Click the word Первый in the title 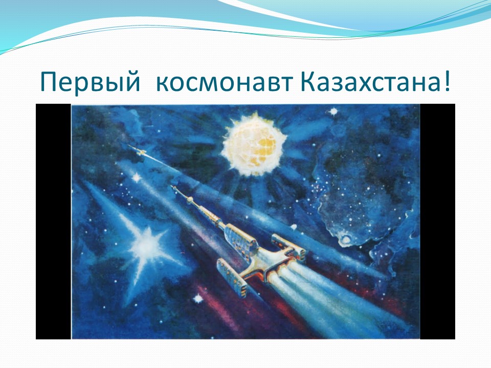pos(90,82)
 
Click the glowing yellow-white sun pos(253,145)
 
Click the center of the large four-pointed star pos(147,246)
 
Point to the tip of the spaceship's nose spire pos(171,186)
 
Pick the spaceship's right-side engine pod pos(288,246)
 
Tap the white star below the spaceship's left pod pos(198,298)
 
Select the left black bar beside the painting pos(53,221)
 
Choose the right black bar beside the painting pos(437,221)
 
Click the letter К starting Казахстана pos(307,82)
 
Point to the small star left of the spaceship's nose pos(137,178)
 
